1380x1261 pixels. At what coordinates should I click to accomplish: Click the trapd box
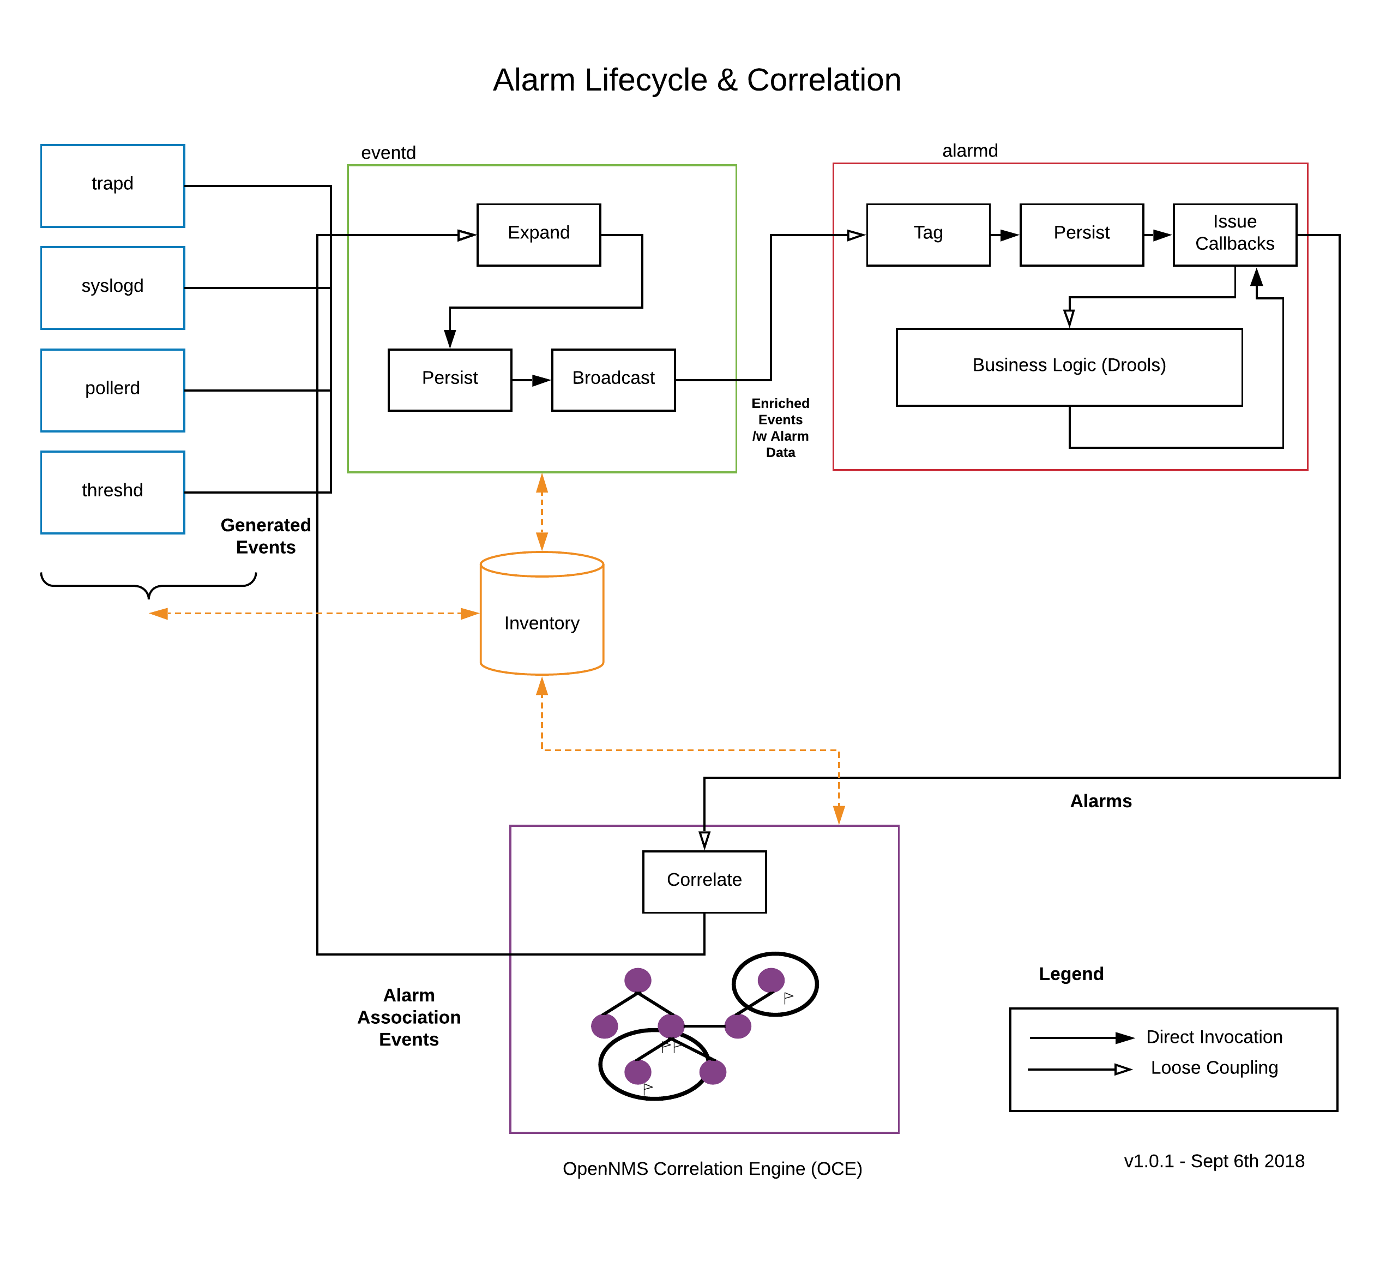(x=112, y=185)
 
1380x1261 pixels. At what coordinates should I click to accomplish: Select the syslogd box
(x=112, y=287)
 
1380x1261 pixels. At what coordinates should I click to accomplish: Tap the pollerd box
(x=112, y=390)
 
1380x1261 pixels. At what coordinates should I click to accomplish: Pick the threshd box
(x=112, y=492)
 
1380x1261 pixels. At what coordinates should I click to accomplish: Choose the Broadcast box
(x=613, y=380)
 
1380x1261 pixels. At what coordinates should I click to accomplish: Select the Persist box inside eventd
(x=450, y=380)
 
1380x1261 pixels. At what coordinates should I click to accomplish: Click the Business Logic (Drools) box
(x=1069, y=367)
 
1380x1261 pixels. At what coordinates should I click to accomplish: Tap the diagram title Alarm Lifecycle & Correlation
(x=697, y=80)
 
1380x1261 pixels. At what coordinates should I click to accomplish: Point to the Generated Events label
(x=266, y=536)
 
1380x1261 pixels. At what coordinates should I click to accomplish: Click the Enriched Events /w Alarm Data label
(x=780, y=427)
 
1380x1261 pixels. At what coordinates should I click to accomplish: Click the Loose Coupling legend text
(x=1214, y=1067)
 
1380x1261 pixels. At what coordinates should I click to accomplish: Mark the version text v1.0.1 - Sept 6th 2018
(x=1214, y=1161)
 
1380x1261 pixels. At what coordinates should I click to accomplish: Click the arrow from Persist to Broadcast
(x=531, y=380)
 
